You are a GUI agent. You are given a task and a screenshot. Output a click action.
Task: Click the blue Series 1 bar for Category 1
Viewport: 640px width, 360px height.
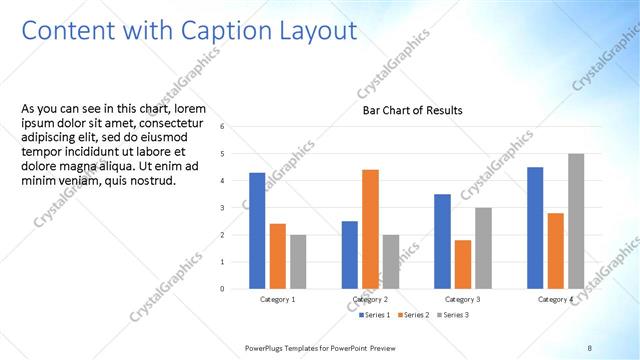257,230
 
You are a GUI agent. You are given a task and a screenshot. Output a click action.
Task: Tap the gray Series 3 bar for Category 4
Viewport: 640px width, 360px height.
576,221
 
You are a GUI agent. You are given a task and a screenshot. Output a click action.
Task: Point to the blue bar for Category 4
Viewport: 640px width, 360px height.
535,227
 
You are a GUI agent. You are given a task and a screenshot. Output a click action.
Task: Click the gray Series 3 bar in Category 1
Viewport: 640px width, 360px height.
298,261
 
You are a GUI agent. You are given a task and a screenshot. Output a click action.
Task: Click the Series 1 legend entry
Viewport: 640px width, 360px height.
376,315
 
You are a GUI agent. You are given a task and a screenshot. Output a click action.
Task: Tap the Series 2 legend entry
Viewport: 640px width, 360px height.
414,315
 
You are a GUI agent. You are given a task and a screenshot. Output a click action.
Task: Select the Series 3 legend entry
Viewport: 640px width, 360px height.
451,315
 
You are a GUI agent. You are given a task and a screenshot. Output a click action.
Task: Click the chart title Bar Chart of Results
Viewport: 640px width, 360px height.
412,110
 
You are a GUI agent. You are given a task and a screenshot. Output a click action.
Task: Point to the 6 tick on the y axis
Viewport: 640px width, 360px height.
235,127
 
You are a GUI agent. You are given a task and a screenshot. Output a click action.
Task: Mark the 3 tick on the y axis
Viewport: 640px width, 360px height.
235,208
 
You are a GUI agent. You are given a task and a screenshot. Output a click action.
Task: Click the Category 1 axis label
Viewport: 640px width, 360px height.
278,299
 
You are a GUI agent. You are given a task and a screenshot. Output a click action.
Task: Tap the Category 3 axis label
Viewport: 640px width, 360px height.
463,299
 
